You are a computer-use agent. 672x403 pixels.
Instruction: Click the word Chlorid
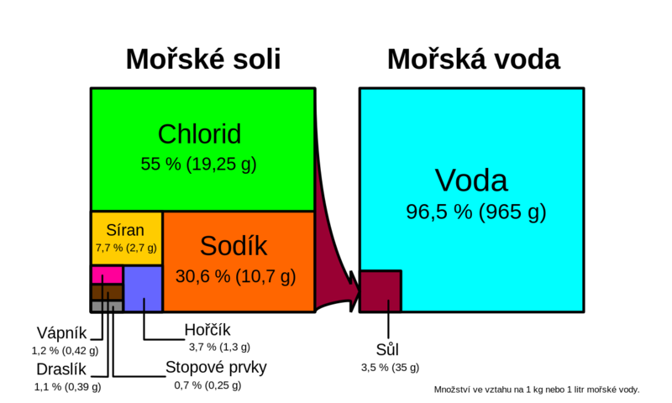coord(199,134)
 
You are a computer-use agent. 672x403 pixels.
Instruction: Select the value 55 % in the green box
coord(160,165)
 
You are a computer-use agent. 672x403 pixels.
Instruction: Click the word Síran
coord(125,230)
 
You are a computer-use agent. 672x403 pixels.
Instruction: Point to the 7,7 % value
coord(108,248)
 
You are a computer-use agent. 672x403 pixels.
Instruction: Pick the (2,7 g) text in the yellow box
coord(141,248)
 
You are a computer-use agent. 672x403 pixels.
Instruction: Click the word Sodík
coord(234,246)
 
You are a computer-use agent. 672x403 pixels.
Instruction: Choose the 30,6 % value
coord(202,276)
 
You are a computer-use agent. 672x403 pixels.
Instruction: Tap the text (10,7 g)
coord(265,276)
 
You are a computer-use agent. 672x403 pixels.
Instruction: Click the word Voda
coord(471,181)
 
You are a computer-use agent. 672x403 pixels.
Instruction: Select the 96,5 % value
coord(438,212)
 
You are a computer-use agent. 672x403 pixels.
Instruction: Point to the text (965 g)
coord(512,212)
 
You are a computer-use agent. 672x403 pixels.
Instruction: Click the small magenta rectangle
coord(107,275)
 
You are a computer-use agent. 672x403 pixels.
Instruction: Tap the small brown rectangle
coord(107,292)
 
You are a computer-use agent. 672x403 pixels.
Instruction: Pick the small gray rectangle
coord(107,306)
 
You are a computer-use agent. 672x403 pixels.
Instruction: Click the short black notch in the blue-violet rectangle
coord(144,305)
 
